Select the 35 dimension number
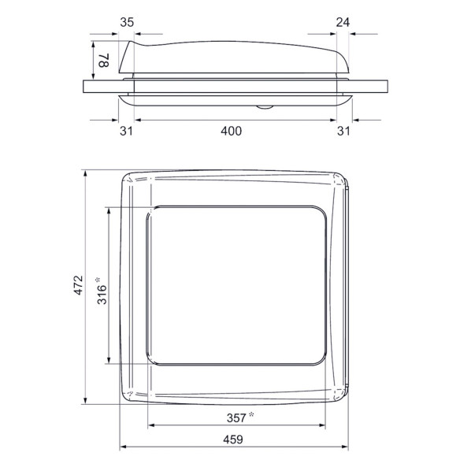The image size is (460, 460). tap(127, 23)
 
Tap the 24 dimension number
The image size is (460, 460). tap(341, 23)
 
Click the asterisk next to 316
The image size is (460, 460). tap(98, 279)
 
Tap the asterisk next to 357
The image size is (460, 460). tap(251, 414)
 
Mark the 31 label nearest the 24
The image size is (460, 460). tap(343, 131)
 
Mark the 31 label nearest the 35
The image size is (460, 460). tap(126, 131)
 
